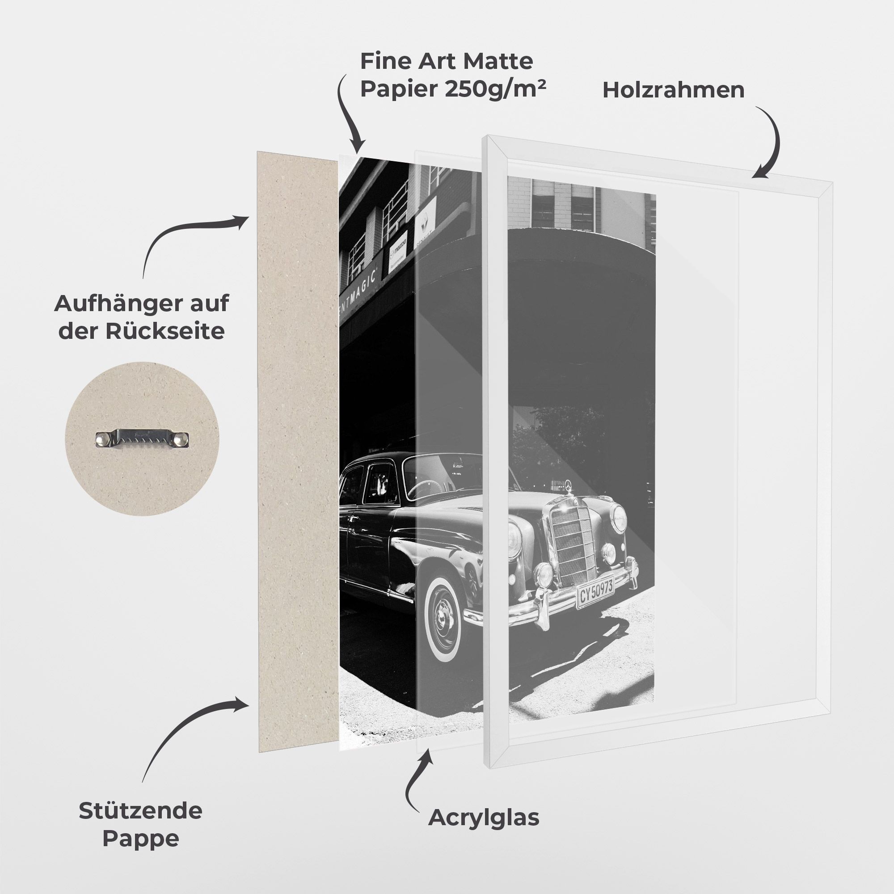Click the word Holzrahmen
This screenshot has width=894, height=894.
coord(673,90)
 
